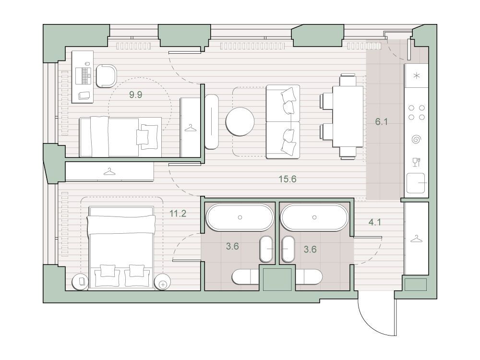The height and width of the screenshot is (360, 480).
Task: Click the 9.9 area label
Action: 135,95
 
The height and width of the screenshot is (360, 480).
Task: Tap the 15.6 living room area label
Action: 288,179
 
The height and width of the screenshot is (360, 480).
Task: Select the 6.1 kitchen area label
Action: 382,122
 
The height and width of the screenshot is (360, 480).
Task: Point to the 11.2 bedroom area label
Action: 178,213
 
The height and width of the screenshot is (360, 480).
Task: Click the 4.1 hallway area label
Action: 375,222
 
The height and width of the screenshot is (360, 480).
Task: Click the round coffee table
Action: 240,121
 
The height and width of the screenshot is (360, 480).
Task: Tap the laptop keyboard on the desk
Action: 83,76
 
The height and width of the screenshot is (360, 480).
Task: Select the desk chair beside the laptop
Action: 106,76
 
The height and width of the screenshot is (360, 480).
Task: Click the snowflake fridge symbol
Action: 416,76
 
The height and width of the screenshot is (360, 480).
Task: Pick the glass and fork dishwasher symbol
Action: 416,162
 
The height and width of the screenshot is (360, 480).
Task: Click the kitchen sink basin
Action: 415,183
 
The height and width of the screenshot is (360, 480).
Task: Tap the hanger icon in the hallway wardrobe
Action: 415,239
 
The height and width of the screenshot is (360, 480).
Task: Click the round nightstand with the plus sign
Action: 162,282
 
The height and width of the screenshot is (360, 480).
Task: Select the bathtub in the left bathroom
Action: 240,217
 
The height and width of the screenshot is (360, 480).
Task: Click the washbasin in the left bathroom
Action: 266,249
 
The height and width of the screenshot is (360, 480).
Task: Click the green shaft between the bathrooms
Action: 277,278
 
